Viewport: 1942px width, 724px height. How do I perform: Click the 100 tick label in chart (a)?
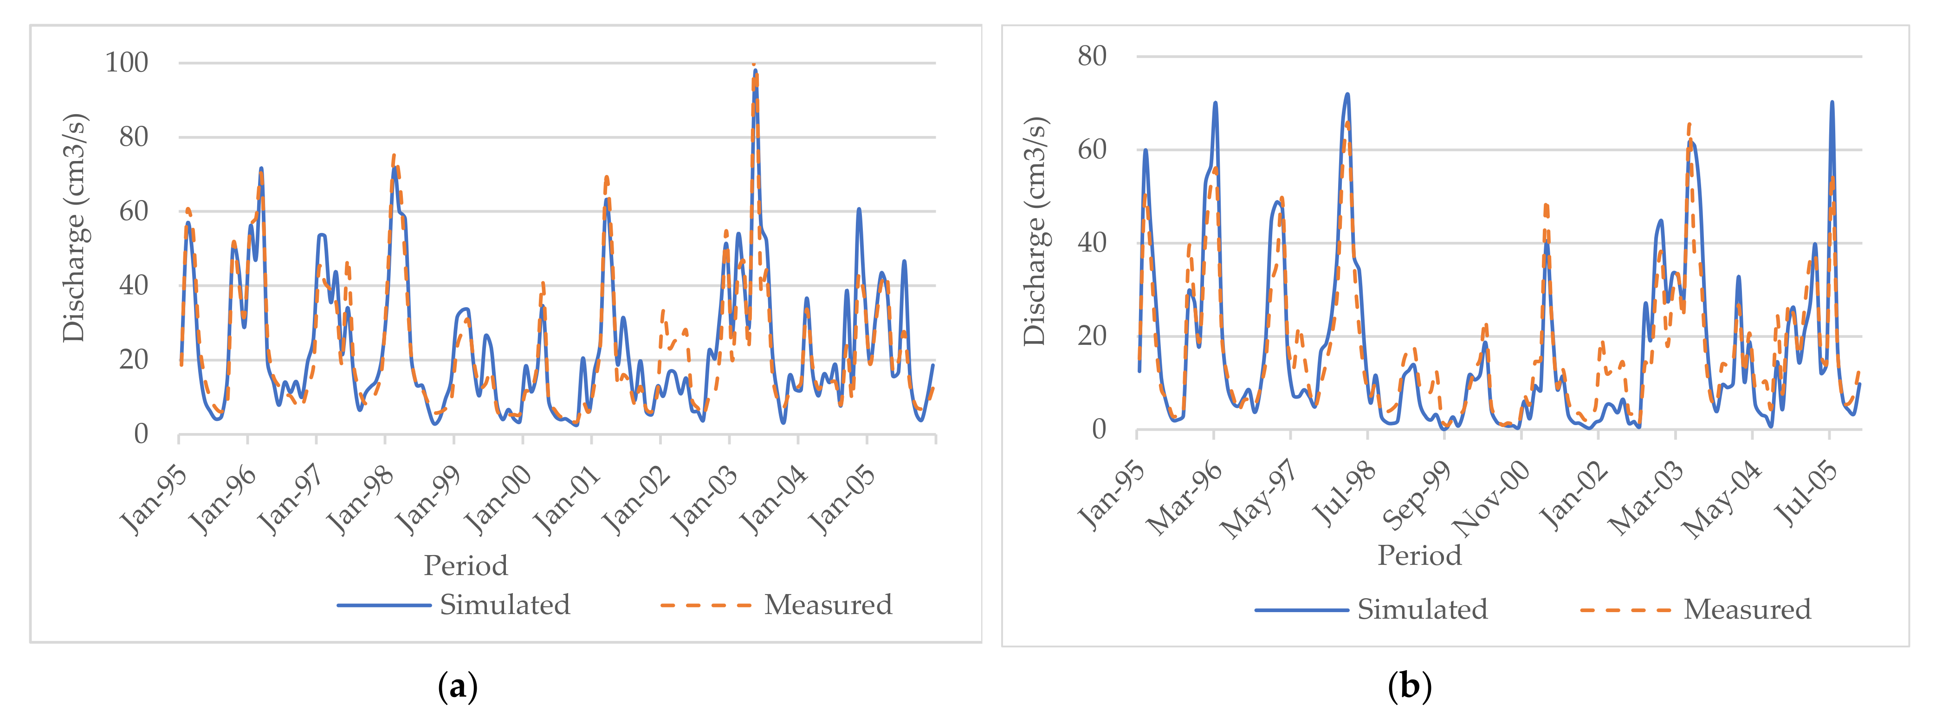127,63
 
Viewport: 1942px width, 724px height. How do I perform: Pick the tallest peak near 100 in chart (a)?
755,70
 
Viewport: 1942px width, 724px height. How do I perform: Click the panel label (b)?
1409,686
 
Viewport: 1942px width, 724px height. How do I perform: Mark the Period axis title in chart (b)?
1419,555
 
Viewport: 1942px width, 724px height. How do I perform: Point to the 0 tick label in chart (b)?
1099,430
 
